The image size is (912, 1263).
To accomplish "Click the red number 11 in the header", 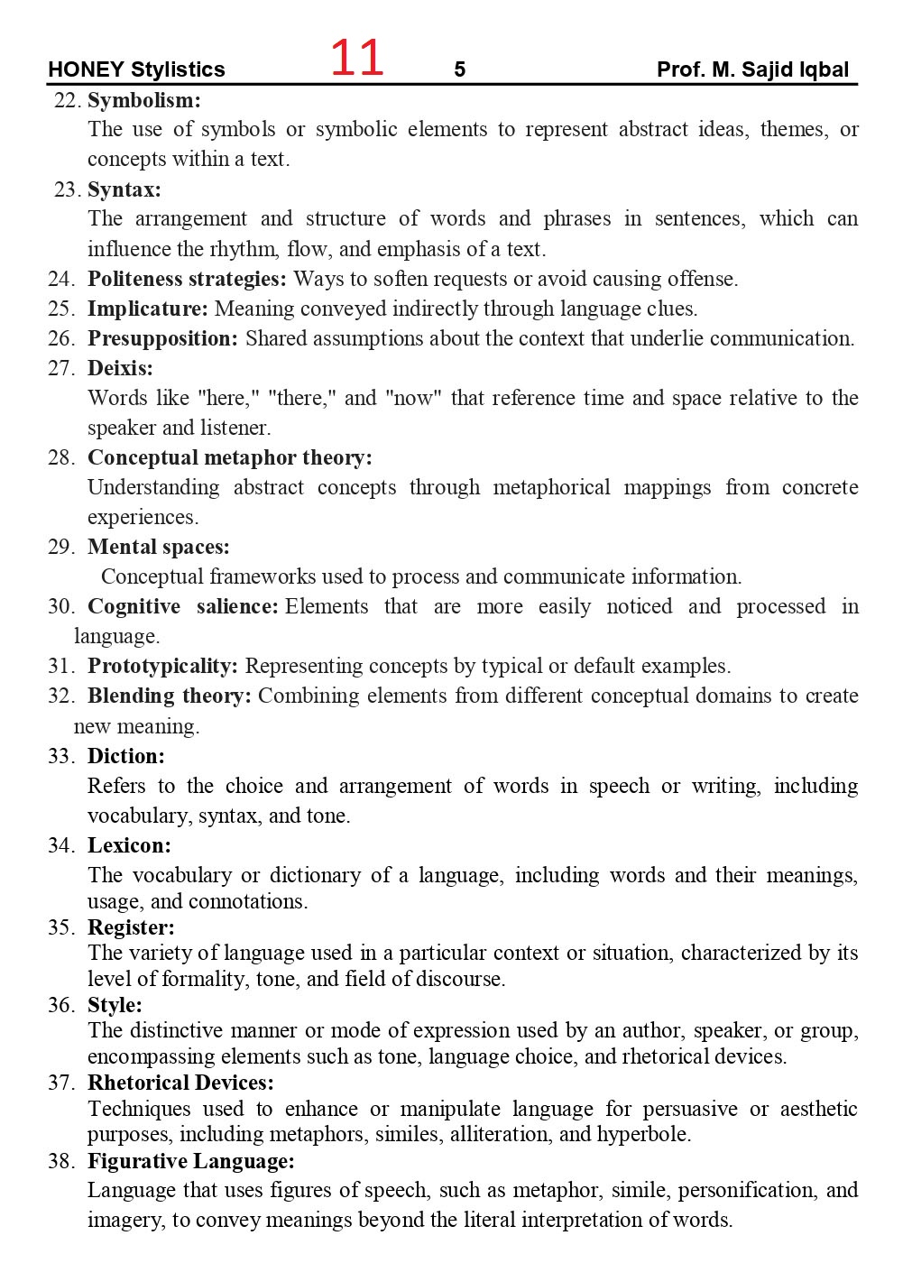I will click(x=357, y=59).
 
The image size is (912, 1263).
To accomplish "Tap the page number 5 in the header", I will click(x=460, y=69).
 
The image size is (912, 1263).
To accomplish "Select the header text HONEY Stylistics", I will click(x=136, y=69).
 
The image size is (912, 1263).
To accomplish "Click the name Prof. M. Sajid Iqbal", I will click(x=752, y=69).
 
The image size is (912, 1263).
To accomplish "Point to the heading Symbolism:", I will click(x=144, y=100).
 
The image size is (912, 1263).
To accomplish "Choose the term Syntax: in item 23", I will click(x=124, y=189).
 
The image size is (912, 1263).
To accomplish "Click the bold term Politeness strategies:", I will click(x=187, y=279).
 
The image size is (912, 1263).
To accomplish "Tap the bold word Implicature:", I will click(x=148, y=309).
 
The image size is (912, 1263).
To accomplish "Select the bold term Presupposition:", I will click(x=162, y=338).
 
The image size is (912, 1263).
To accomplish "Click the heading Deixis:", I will click(x=120, y=368).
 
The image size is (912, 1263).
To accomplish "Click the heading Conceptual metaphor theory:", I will click(x=229, y=457).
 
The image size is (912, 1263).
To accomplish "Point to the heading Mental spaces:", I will click(x=159, y=547).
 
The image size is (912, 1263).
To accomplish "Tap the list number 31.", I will click(x=61, y=666).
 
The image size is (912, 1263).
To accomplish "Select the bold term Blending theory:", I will click(x=170, y=696).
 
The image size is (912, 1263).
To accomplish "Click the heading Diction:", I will click(x=126, y=756).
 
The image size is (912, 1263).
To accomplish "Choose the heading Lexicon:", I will click(x=129, y=845).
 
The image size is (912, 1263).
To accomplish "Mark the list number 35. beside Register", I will click(x=61, y=927).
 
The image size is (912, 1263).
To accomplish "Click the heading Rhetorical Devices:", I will click(x=180, y=1083).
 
